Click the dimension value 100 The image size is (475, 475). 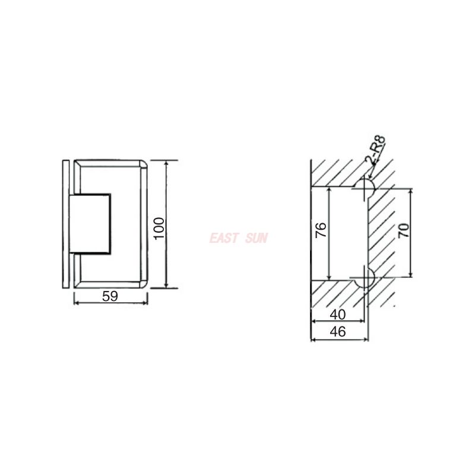click(x=159, y=229)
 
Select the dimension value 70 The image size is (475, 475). click(x=403, y=231)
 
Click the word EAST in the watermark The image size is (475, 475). click(x=223, y=239)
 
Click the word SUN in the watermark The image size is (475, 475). click(x=256, y=239)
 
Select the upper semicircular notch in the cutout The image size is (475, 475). click(x=363, y=189)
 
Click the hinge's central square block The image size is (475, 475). click(x=90, y=224)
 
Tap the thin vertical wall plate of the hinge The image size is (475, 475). click(x=65, y=224)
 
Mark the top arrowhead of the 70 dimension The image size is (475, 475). click(x=410, y=190)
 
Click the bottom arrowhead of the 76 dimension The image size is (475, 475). click(x=328, y=277)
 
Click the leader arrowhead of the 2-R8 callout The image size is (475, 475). click(x=369, y=176)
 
